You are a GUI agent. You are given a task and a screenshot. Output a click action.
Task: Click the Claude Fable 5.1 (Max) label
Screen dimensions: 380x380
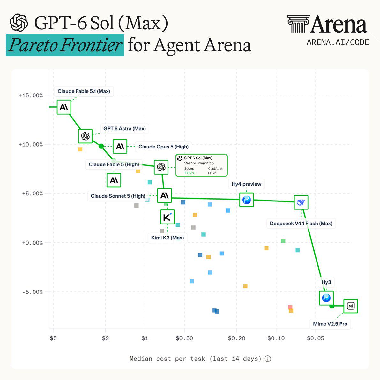click(84, 91)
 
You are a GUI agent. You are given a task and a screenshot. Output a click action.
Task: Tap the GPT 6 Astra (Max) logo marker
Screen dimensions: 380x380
click(85, 136)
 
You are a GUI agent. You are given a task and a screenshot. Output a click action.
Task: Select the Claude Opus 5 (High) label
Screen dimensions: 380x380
click(163, 147)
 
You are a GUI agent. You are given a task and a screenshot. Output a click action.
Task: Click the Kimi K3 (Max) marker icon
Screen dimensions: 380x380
click(168, 217)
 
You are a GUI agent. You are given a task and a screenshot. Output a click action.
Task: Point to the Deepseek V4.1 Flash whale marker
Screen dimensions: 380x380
click(301, 202)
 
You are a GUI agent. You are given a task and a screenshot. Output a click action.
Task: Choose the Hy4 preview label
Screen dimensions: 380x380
click(246, 184)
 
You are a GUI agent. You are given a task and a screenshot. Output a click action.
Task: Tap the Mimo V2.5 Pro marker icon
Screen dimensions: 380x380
click(351, 306)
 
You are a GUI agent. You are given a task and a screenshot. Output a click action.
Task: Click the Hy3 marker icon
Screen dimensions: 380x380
click(326, 298)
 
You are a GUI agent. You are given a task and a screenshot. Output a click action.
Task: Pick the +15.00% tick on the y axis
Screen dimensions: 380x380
click(31, 95)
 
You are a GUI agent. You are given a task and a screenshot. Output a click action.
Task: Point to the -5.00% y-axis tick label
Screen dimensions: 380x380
click(33, 292)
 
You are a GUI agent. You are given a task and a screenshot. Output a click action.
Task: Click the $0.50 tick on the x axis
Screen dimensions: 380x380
click(184, 338)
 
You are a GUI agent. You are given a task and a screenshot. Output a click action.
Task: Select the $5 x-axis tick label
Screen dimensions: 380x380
click(53, 338)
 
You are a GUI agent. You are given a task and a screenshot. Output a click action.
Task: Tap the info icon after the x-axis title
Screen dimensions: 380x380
click(268, 359)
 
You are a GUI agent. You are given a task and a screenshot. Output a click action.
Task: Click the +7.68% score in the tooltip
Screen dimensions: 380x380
click(190, 173)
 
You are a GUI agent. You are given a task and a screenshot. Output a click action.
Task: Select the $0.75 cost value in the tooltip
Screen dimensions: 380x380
click(212, 173)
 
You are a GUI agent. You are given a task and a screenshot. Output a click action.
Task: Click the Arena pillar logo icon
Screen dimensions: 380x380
click(298, 24)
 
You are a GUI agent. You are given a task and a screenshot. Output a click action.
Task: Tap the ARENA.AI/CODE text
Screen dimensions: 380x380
click(338, 42)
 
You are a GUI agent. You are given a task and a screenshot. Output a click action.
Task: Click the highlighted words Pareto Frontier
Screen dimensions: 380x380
click(65, 45)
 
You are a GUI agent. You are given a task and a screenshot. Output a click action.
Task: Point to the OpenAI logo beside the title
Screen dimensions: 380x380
click(19, 23)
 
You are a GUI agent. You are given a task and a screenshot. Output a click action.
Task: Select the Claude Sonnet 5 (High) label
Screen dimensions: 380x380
click(118, 196)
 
